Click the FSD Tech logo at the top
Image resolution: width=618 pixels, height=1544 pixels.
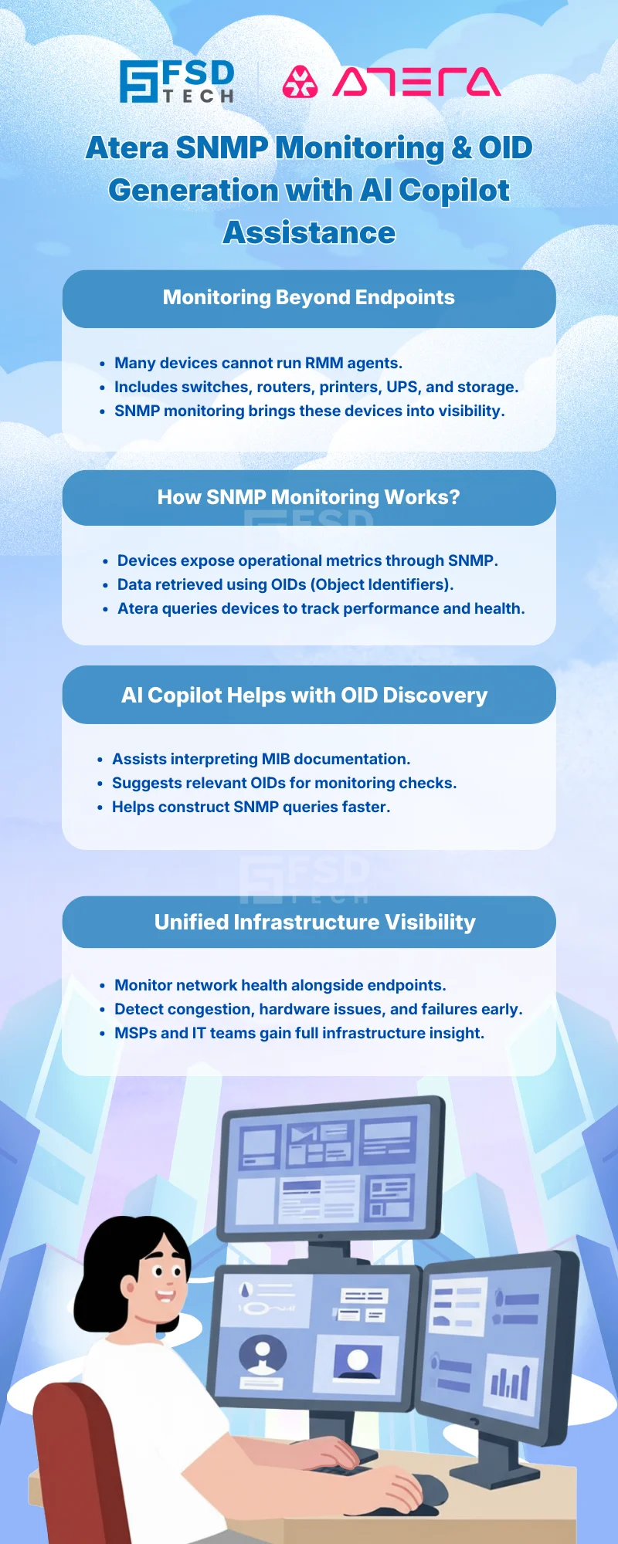177,82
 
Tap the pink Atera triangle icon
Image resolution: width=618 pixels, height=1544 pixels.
300,82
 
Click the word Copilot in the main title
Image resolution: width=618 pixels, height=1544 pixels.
454,190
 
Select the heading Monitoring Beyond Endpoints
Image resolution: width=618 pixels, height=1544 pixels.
309,298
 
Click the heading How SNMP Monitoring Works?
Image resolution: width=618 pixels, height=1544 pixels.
309,497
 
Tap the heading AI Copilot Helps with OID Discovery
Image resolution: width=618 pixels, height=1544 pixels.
304,696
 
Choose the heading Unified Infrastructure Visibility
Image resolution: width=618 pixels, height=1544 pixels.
314,923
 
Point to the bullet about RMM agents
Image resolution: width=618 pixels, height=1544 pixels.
258,363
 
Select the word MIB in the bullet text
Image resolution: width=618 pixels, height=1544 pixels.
276,759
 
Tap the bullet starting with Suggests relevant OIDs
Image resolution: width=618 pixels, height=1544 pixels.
284,783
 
